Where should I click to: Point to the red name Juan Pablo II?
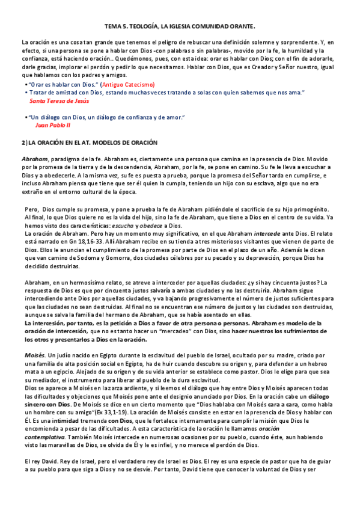53,125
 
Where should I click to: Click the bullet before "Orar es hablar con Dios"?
25,85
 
